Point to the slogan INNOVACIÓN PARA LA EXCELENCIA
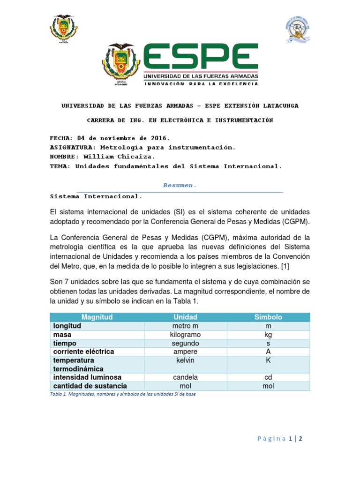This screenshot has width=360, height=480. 201,84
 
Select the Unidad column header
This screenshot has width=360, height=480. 186,317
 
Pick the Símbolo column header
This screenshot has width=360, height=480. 268,317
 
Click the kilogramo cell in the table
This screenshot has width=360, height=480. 186,335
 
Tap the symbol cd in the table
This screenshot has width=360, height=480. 268,377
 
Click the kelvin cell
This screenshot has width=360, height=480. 186,360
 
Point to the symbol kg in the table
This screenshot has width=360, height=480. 268,335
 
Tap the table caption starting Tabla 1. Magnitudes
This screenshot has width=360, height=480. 122,394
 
